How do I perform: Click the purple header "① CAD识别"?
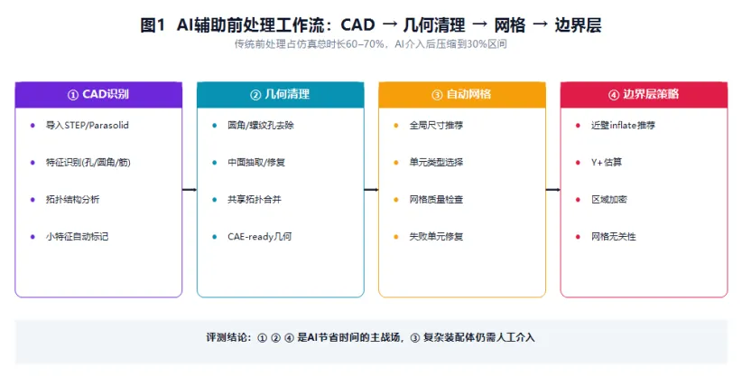(98, 94)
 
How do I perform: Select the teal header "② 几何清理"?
(280, 94)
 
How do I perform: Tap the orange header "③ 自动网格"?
(462, 94)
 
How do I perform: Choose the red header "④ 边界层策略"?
(644, 94)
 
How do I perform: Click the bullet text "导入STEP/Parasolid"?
(87, 125)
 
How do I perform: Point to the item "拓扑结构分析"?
(72, 199)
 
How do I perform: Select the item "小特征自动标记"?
(77, 236)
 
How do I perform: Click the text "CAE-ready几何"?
(259, 236)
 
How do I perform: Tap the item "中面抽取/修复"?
(256, 162)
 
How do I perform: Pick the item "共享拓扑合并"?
(255, 199)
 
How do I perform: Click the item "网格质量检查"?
(436, 199)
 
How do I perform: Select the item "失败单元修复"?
(436, 236)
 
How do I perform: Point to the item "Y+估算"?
(607, 162)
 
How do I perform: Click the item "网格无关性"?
(613, 236)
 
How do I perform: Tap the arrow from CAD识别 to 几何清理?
(190, 190)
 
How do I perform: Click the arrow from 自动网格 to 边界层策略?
(552, 190)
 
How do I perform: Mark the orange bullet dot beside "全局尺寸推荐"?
(396, 126)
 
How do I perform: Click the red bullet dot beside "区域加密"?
(578, 200)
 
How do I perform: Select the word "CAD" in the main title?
(357, 24)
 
